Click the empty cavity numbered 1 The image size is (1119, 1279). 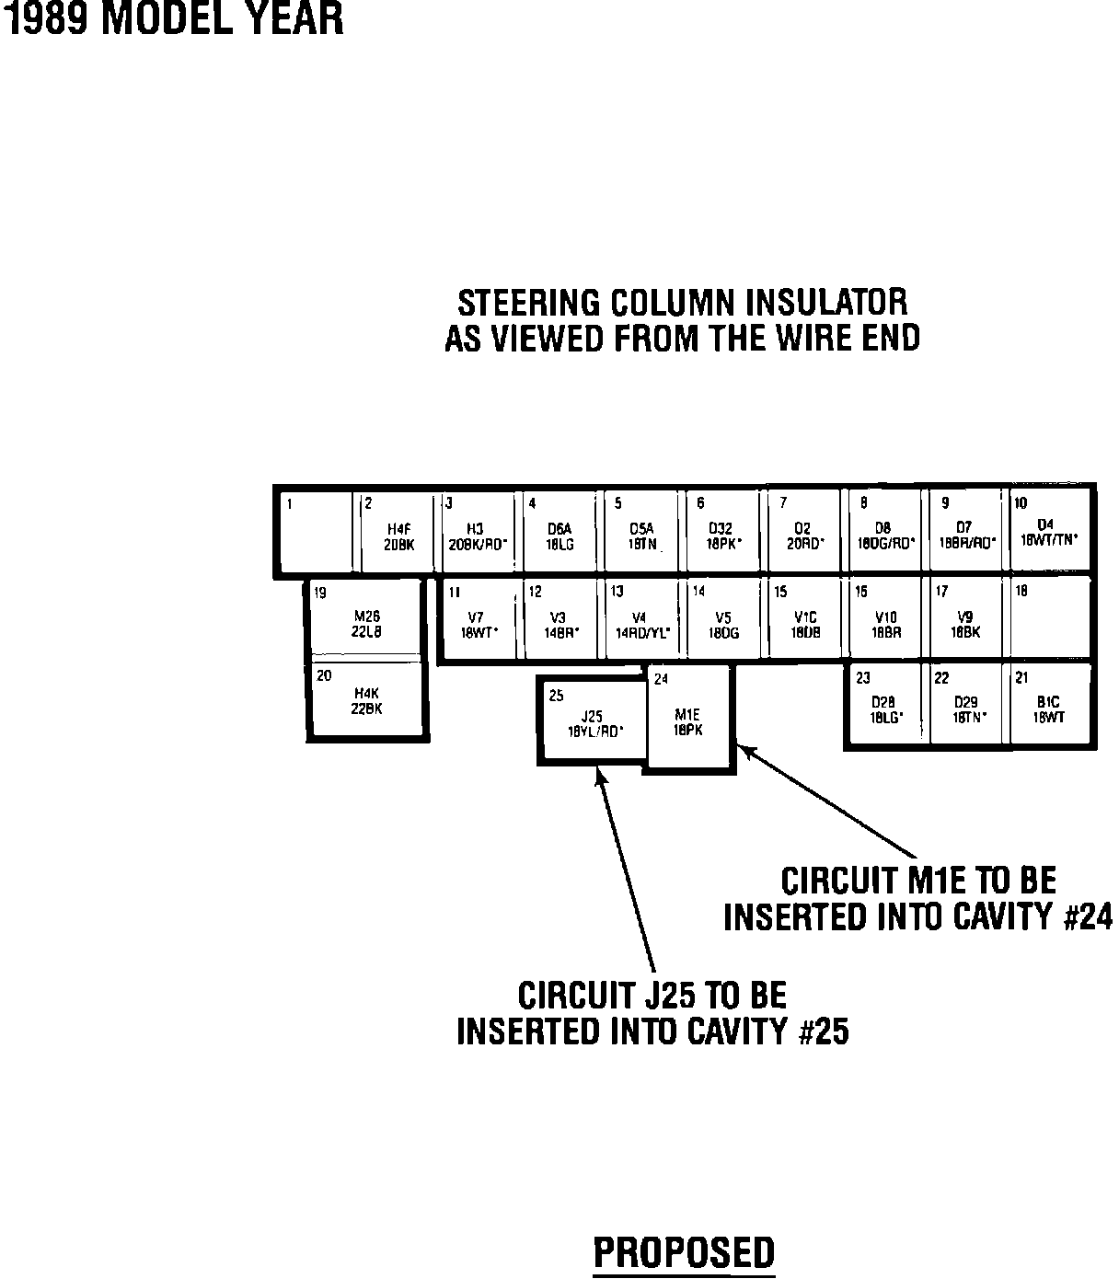coord(315,531)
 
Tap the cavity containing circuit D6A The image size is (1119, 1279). coord(559,531)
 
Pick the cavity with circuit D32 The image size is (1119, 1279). coord(722,531)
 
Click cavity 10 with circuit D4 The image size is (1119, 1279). coord(1050,531)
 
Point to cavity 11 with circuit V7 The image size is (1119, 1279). coord(481,618)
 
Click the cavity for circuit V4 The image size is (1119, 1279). coord(640,618)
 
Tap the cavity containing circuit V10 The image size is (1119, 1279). coord(884,618)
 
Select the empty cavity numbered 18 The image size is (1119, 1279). coord(1048,618)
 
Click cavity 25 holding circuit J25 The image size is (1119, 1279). coord(594,720)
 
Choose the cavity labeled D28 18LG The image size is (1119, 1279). coord(884,704)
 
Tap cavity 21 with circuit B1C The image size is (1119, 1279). coord(1048,704)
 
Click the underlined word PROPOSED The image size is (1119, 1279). coord(684,1253)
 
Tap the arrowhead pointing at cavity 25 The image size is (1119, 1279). coord(601,778)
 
